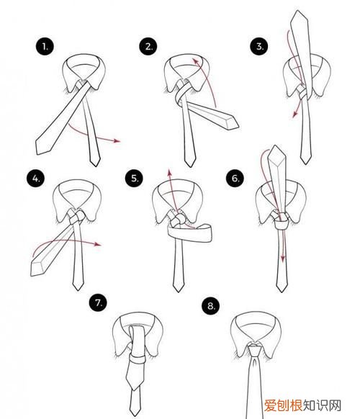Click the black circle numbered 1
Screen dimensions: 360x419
[45, 47]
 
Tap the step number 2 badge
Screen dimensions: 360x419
[148, 46]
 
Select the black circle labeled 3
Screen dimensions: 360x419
[259, 46]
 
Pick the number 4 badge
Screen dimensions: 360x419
[36, 179]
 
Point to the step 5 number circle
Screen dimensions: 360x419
[134, 179]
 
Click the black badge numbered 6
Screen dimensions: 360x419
[235, 179]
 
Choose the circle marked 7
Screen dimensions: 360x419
[99, 303]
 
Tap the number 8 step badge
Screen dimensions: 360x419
[211, 306]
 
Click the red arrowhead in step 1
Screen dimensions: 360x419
[117, 141]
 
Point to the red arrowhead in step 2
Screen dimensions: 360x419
[196, 60]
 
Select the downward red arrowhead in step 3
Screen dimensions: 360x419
[295, 114]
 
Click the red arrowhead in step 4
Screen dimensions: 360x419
[99, 244]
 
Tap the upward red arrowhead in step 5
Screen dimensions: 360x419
[169, 172]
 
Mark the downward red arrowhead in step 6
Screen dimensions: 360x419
[283, 259]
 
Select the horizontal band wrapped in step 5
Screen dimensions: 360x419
[190, 233]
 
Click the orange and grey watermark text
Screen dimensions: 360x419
[303, 405]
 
